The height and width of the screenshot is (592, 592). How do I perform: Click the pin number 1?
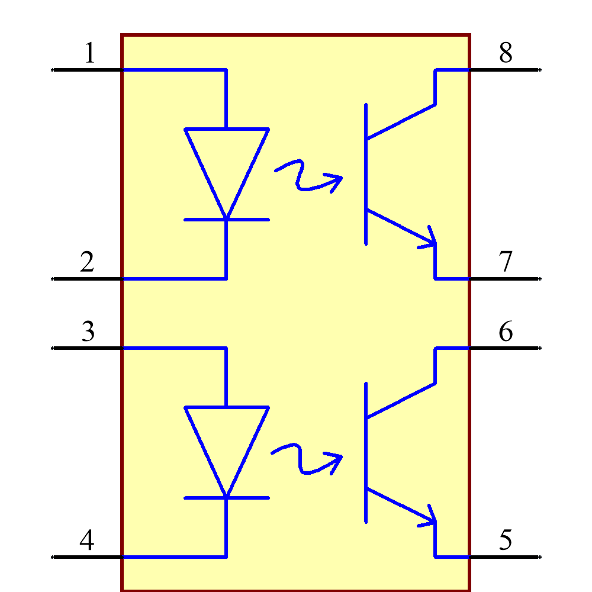(x=90, y=53)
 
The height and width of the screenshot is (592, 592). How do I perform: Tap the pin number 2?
(x=87, y=262)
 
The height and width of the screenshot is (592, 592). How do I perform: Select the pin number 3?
(x=88, y=332)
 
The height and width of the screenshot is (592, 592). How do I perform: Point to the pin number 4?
(x=86, y=540)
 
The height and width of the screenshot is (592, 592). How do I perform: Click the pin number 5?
(x=506, y=540)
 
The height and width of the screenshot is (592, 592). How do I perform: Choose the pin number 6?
(x=506, y=332)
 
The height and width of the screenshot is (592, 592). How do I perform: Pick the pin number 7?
(x=506, y=262)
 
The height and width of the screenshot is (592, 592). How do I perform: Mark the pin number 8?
(x=506, y=53)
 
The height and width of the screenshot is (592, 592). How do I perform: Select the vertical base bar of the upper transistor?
(x=366, y=173)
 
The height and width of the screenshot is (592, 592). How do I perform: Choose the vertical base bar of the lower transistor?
(x=366, y=452)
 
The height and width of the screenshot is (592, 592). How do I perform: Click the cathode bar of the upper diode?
(x=227, y=220)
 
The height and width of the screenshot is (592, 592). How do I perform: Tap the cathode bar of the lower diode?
(x=227, y=498)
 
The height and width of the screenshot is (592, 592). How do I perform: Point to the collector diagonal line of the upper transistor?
(x=401, y=122)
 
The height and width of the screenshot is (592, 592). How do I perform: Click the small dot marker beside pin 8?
(x=540, y=70)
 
